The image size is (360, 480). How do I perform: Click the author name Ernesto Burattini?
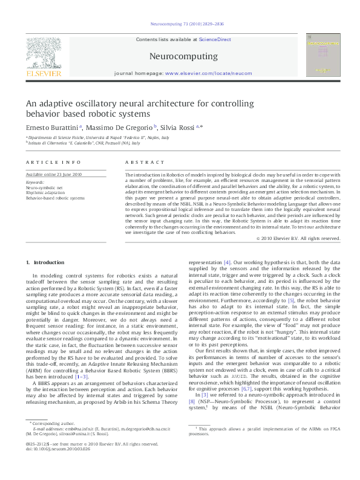click(x=51, y=128)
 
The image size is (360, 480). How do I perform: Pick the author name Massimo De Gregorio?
click(x=119, y=128)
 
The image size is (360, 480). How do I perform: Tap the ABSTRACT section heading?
click(x=145, y=162)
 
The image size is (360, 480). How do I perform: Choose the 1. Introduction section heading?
click(x=50, y=262)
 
